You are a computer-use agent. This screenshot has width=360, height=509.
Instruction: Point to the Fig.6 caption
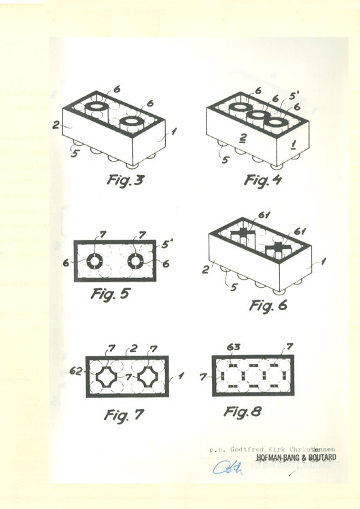coord(269,305)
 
